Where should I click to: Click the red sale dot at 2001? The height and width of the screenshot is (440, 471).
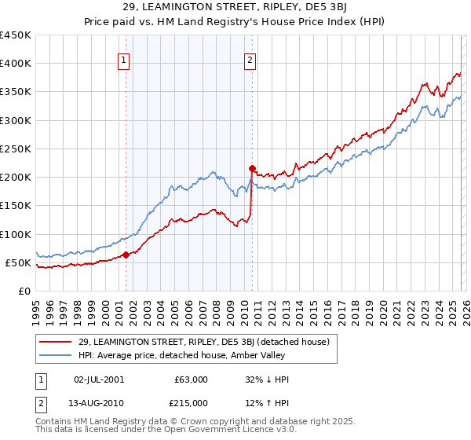(x=126, y=255)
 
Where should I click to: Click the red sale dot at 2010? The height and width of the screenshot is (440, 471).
(x=252, y=168)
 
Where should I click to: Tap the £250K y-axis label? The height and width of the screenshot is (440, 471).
(x=15, y=148)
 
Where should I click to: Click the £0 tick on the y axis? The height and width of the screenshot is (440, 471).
(x=24, y=291)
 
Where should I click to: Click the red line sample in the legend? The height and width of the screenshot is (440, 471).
(x=56, y=342)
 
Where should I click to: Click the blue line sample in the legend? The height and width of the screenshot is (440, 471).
(x=56, y=356)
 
